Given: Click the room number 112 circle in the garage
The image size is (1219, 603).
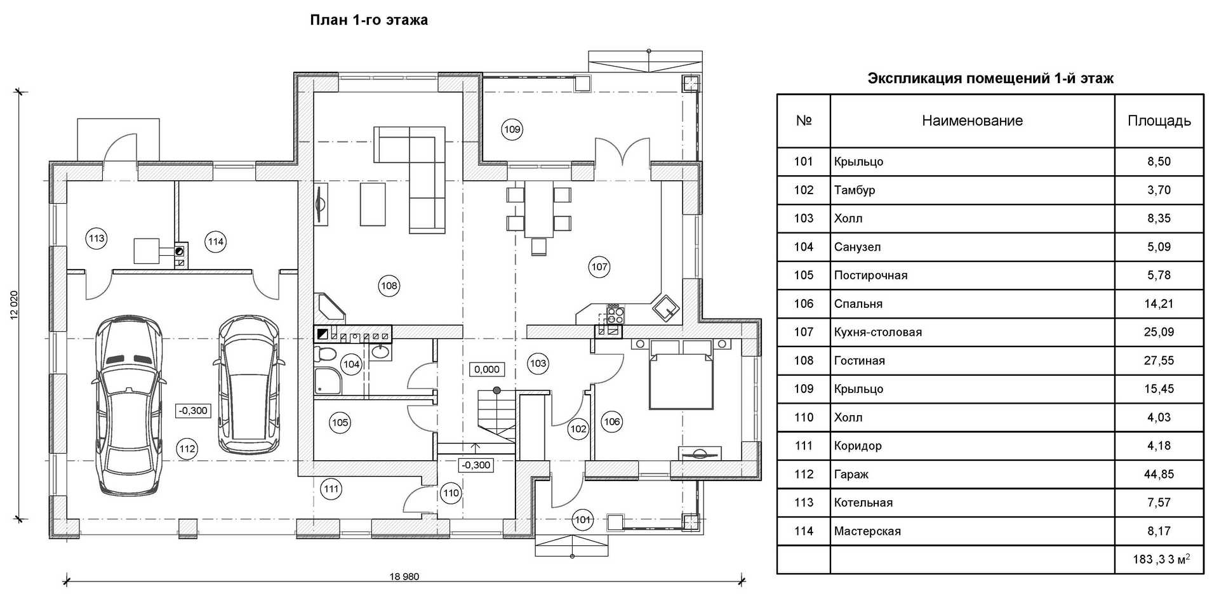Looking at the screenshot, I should (187, 449).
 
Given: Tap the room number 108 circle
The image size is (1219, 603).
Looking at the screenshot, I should (389, 286).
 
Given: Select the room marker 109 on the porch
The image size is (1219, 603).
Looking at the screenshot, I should (512, 129).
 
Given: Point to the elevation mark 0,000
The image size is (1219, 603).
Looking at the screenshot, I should (487, 369).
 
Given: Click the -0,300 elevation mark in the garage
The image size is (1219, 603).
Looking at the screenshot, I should (193, 411).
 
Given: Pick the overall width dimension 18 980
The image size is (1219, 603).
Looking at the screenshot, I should (404, 577).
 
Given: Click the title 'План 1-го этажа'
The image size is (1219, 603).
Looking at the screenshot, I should (368, 20).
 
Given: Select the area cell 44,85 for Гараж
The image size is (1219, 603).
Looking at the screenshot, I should (1159, 474).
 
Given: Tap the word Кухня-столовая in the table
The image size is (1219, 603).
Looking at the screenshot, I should (877, 332).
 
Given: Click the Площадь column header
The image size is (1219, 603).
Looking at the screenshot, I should (1159, 121).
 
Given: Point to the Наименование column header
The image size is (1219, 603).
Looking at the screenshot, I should (972, 121).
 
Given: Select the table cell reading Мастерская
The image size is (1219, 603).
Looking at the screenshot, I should (867, 531).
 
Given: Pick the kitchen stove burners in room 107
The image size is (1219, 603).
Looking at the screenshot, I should (615, 313).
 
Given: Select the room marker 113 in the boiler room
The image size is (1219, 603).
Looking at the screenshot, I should (97, 239).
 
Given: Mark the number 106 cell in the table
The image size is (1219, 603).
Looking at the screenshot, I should (803, 303).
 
